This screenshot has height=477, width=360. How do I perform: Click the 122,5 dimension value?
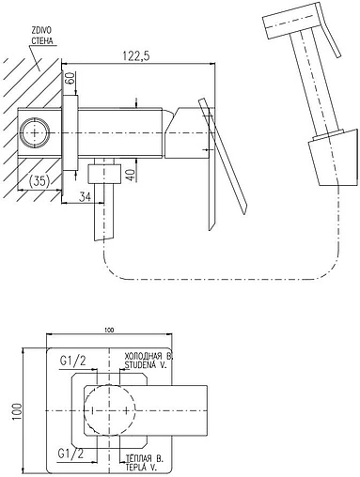coord(136,56)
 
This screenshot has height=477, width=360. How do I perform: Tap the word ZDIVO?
coord(41,30)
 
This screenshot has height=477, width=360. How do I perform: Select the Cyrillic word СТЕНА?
coord(42,40)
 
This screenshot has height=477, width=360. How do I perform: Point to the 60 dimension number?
coord(70,78)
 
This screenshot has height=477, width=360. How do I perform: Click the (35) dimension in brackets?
coord(39,181)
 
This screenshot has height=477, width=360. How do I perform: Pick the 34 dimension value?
coord(85,197)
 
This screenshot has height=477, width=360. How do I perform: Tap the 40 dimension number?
coord(132,175)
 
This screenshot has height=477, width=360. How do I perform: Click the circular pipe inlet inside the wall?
coord(34,133)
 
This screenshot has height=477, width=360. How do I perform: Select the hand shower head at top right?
coord(290,21)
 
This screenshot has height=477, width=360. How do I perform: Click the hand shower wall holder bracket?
coord(333,158)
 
